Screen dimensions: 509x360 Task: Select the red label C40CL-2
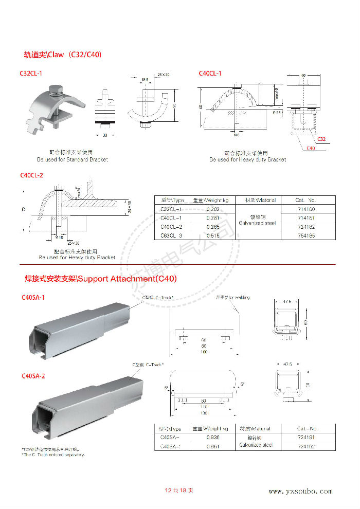31,175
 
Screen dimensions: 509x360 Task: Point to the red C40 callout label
311,149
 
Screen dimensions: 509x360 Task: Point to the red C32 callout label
321,139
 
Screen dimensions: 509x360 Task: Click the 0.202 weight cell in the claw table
213,209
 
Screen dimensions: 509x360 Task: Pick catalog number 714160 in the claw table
306,209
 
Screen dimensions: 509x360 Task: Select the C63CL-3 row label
171,235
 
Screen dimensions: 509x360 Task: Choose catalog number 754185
306,235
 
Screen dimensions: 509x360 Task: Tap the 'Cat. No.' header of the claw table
306,200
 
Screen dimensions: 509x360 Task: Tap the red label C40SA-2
33,376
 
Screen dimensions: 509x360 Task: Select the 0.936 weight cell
213,437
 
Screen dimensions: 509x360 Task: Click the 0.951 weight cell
213,446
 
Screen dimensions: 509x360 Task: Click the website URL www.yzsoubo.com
301,492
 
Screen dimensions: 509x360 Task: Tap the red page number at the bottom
178,490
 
